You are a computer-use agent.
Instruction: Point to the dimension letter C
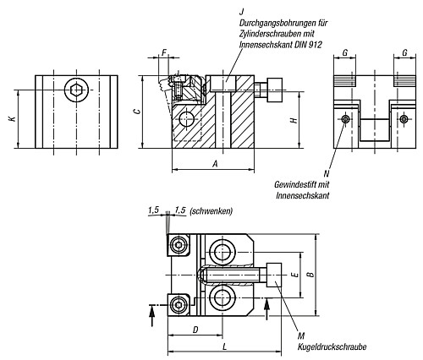(x=147, y=110)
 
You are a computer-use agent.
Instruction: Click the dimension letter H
(x=293, y=121)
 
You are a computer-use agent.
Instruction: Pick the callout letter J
(x=242, y=11)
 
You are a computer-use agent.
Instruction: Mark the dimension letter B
(x=310, y=275)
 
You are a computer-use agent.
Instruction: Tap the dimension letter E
(x=293, y=275)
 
